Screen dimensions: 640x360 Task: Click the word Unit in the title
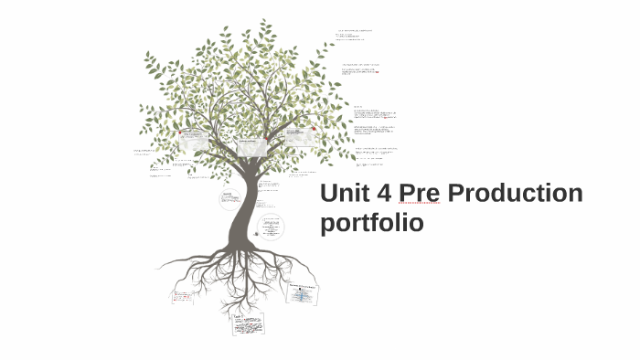coord(348,194)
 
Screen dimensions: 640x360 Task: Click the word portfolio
coord(372,223)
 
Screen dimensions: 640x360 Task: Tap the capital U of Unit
coord(330,194)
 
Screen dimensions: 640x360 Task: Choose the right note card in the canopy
coord(302,136)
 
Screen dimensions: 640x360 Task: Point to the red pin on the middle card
coord(265,139)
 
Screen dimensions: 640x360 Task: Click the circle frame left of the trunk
coord(229,198)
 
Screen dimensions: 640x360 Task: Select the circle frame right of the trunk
coord(271,225)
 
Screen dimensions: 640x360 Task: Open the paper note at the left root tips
coord(183,297)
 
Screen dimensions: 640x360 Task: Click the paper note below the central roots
coord(248,323)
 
